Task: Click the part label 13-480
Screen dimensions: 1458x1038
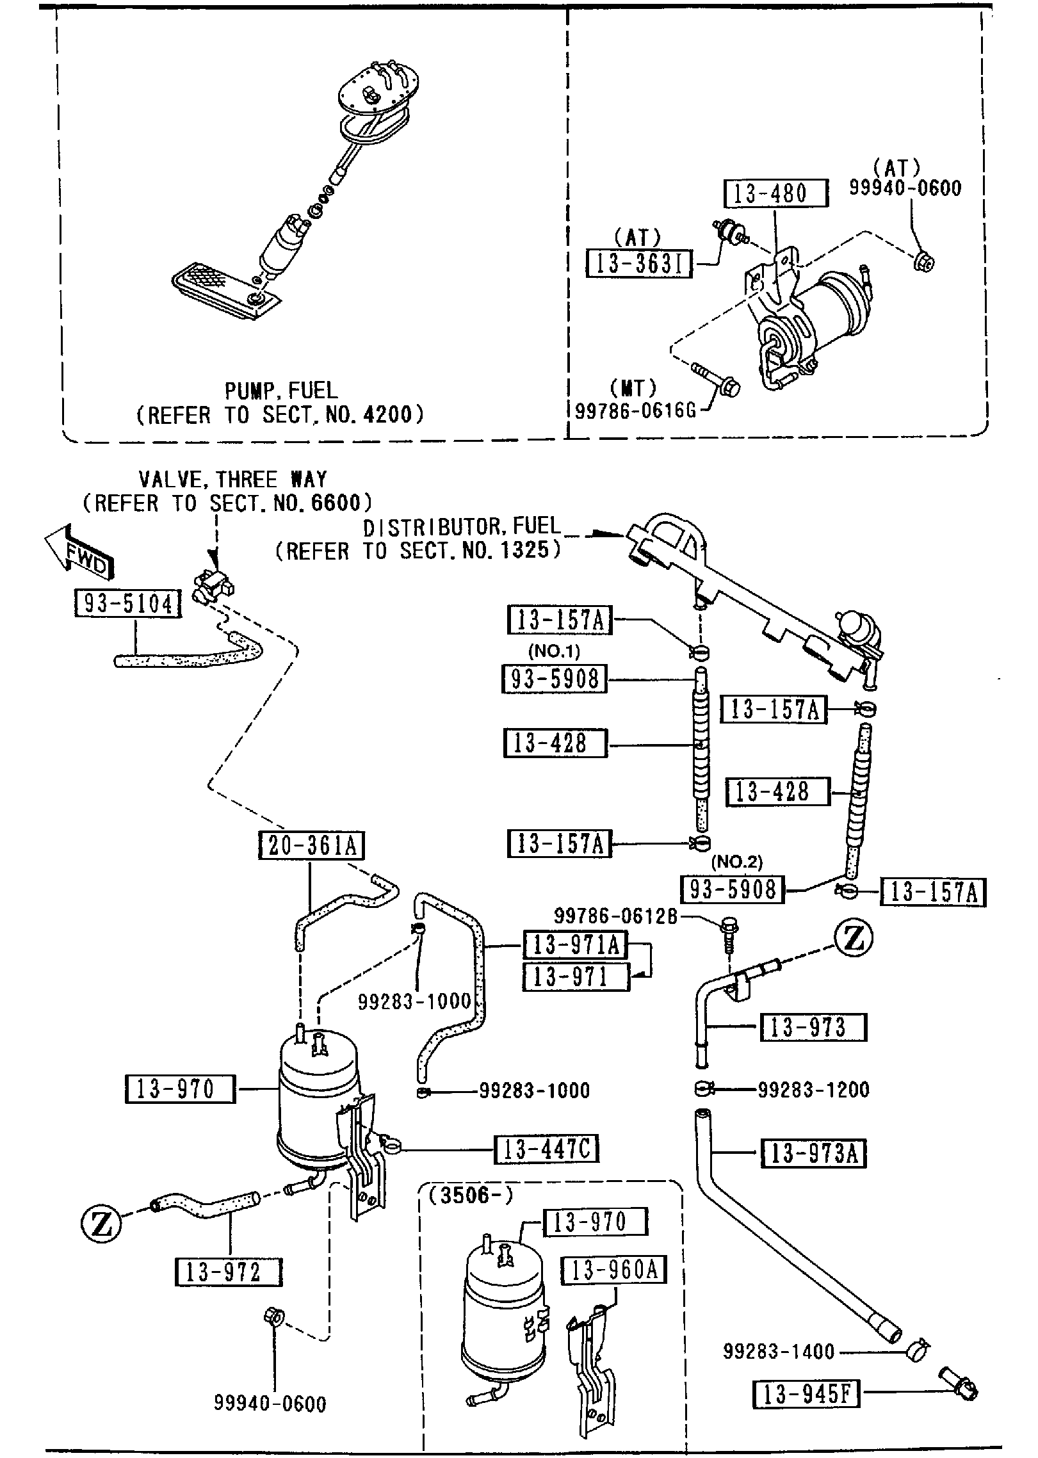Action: coord(775,193)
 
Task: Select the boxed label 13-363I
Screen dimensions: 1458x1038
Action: coord(639,263)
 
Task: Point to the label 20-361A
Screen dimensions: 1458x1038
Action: coord(311,846)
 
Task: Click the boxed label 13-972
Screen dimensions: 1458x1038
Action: coord(228,1272)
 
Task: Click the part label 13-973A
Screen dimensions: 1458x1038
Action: coord(813,1154)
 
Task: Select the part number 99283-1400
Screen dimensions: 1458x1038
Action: coord(779,1352)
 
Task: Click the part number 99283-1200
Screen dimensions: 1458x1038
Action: coord(813,1089)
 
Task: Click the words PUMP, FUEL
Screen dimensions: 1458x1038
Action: coord(280,390)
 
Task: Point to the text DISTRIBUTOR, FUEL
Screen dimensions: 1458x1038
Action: coord(462,527)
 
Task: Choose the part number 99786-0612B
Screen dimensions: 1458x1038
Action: coord(615,916)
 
